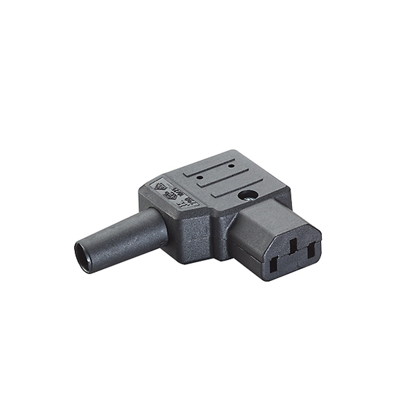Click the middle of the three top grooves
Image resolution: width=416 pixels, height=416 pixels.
230,181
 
